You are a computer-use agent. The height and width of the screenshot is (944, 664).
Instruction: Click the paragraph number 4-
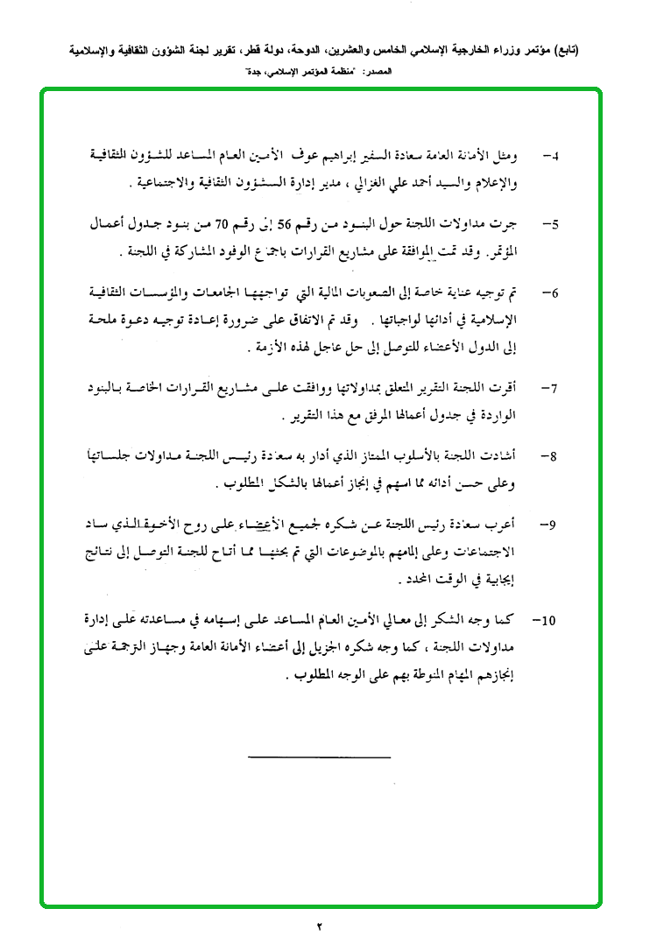point(552,156)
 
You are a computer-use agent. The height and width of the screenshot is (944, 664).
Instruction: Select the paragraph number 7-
point(552,386)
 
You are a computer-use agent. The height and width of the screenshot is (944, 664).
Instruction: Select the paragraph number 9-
point(552,524)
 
